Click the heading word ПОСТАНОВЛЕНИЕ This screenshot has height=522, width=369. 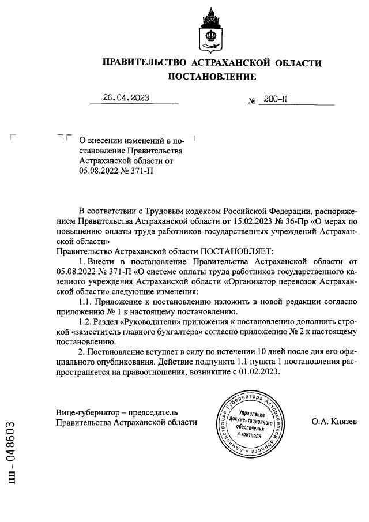[212, 77]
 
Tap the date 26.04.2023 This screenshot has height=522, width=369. [126, 98]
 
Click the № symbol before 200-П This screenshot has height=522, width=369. [252, 101]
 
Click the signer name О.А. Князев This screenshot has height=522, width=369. [334, 422]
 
